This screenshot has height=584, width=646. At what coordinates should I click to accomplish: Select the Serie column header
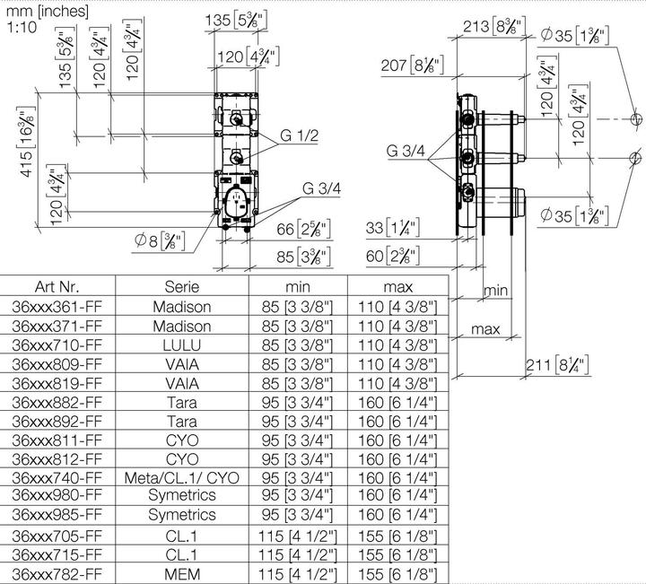pos(181,287)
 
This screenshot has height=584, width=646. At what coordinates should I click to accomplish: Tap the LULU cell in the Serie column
pos(182,344)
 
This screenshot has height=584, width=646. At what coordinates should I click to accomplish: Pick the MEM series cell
pos(182,574)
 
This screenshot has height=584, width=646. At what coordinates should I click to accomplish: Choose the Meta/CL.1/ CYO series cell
pos(182,478)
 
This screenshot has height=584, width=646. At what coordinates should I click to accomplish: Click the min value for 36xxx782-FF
pos(298,574)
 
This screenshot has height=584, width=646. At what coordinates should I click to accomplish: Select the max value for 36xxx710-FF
pos(397,344)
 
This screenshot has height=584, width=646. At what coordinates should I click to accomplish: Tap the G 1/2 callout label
pos(299,135)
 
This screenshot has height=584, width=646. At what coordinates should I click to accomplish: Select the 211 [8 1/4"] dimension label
pos(556,364)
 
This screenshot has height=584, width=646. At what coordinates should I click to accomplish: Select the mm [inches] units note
pos(47,11)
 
